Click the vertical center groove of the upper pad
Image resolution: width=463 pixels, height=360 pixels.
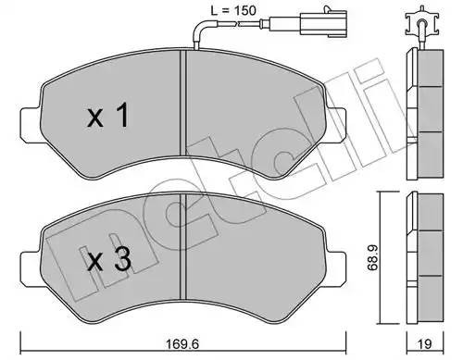[186, 111]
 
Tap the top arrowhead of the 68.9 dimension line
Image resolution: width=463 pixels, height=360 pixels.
[377, 195]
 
